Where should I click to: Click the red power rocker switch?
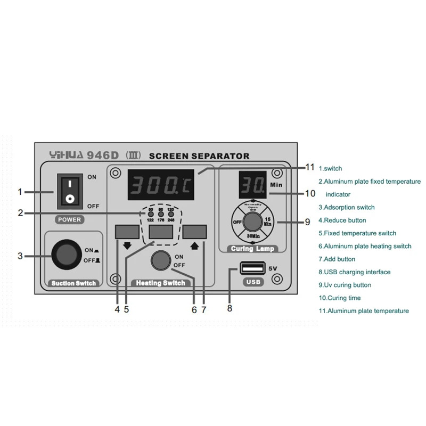click(69, 192)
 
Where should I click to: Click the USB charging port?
click(253, 268)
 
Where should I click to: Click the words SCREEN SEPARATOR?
click(200, 156)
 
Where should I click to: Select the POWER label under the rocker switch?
click(69, 218)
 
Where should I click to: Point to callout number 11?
click(310, 167)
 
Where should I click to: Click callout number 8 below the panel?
click(230, 308)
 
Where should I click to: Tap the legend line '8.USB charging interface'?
click(354, 272)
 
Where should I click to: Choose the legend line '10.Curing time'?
click(340, 298)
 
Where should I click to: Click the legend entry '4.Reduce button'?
click(342, 220)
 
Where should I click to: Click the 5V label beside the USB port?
click(273, 268)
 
